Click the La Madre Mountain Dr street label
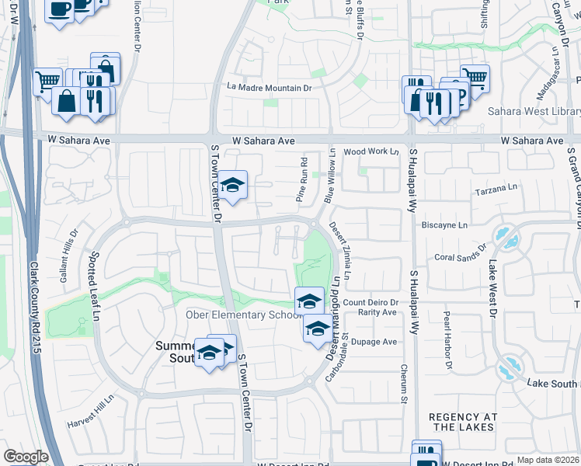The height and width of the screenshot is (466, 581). [x=270, y=89]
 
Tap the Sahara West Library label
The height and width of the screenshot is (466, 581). [x=534, y=111]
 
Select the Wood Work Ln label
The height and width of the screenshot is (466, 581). [x=371, y=152]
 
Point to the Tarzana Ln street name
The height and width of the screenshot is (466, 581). [x=497, y=189]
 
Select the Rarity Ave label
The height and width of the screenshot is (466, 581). [x=377, y=312]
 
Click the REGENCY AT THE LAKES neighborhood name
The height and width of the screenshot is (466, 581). [x=464, y=423]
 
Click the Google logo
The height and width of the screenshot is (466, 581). [x=26, y=457]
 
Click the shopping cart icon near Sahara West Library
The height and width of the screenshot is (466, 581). [x=475, y=78]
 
